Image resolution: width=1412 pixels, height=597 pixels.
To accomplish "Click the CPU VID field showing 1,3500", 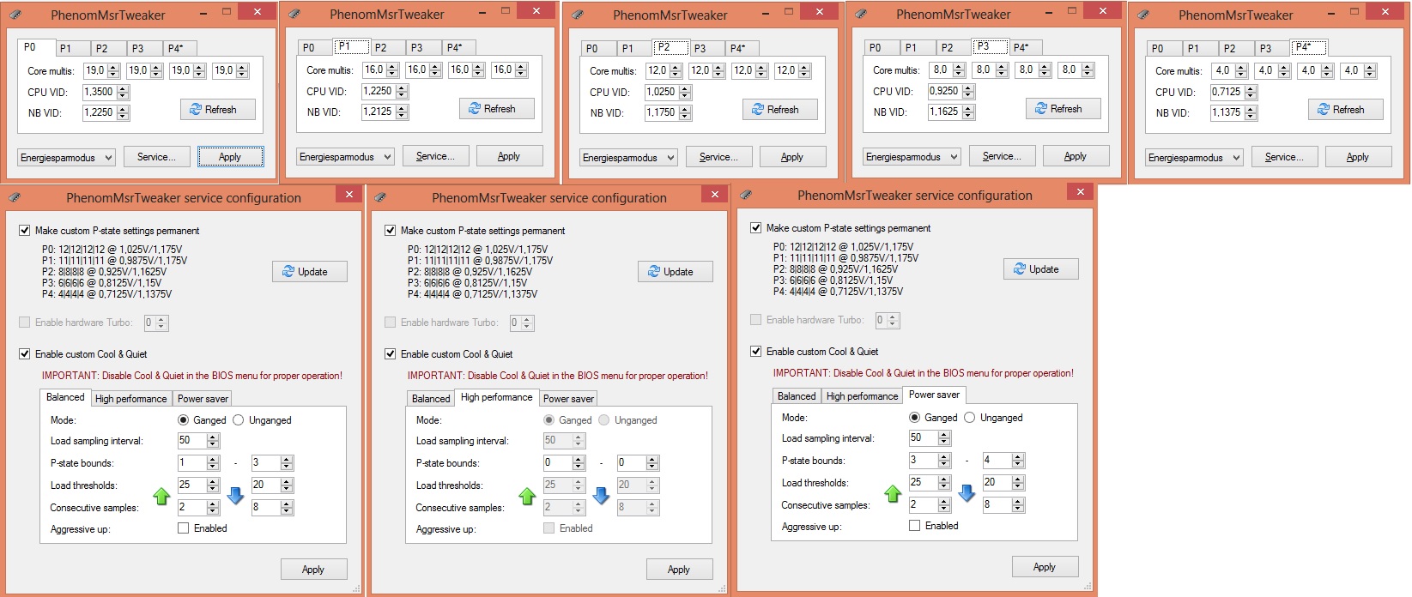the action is [x=100, y=92].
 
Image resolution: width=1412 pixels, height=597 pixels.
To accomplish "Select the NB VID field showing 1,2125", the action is [x=379, y=112].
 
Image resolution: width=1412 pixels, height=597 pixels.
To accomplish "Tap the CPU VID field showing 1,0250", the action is [x=661, y=92].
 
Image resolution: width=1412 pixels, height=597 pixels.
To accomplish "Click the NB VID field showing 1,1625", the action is [x=944, y=112].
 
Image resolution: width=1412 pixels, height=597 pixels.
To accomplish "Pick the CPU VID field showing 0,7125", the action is [x=1227, y=92].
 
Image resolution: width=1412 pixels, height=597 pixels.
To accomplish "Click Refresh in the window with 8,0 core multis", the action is [x=1063, y=109].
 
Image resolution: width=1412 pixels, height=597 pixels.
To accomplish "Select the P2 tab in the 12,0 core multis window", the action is [x=664, y=47].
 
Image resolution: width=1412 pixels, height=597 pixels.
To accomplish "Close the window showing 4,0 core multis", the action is [x=1385, y=12].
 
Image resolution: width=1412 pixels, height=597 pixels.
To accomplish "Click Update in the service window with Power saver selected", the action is [x=1040, y=268].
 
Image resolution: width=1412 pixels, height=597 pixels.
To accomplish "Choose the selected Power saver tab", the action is [x=934, y=395].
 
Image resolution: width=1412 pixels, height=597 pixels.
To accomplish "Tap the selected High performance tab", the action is [x=496, y=397].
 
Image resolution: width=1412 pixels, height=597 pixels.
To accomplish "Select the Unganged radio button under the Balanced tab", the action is [x=239, y=420].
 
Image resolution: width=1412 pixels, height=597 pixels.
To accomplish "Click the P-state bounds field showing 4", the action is [x=997, y=461].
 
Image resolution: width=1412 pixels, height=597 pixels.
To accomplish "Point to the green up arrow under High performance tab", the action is [x=527, y=497].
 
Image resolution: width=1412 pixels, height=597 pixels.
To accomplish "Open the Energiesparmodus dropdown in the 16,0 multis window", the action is [x=345, y=157].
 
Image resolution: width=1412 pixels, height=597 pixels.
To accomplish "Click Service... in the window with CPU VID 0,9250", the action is [x=1002, y=156].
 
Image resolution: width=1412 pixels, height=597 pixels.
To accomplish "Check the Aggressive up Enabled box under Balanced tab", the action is [x=184, y=528].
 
